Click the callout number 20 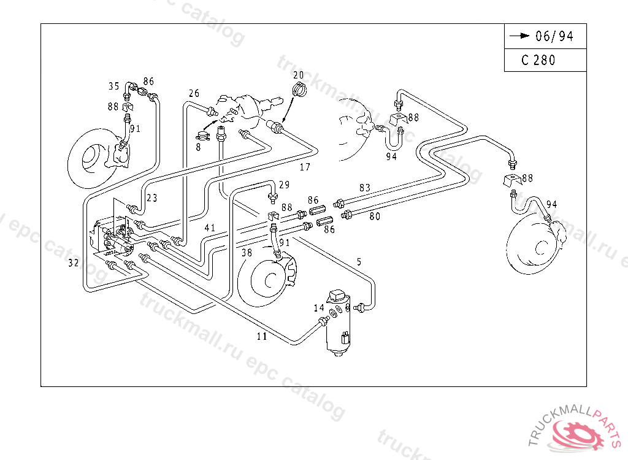click(x=298, y=75)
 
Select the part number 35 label click(x=114, y=86)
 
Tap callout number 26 click(x=194, y=93)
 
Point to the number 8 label click(x=199, y=147)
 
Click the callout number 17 click(x=305, y=166)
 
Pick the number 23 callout click(x=152, y=198)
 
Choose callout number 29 click(x=284, y=185)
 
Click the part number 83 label click(x=365, y=187)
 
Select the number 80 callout click(x=375, y=215)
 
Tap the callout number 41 click(x=210, y=228)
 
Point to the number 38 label click(x=247, y=252)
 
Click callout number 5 click(x=359, y=262)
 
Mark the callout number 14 click(x=319, y=308)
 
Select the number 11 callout click(x=262, y=336)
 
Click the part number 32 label click(x=74, y=263)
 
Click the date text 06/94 click(x=554, y=36)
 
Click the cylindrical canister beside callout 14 click(x=339, y=328)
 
